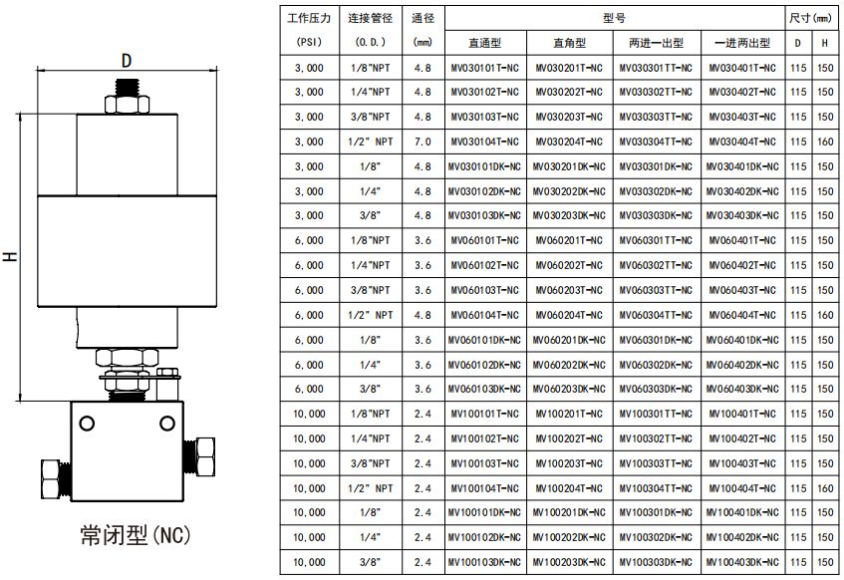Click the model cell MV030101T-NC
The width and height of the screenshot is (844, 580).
[x=484, y=68]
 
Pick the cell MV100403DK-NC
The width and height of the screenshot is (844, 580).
[x=742, y=563]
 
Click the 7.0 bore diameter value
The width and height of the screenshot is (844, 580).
[x=422, y=143]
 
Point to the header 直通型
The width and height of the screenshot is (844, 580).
[x=484, y=43]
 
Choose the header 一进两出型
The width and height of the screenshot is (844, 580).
[x=742, y=43]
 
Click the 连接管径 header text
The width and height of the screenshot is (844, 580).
[x=371, y=18]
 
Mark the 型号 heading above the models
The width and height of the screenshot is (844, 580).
[x=615, y=18]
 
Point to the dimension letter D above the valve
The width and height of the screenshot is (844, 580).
[x=127, y=60]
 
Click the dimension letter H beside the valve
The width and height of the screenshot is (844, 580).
[x=11, y=257]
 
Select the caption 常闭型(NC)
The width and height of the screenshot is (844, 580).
[x=135, y=536]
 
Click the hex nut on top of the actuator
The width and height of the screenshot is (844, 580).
[x=127, y=102]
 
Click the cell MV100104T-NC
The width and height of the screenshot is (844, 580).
[x=484, y=488]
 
